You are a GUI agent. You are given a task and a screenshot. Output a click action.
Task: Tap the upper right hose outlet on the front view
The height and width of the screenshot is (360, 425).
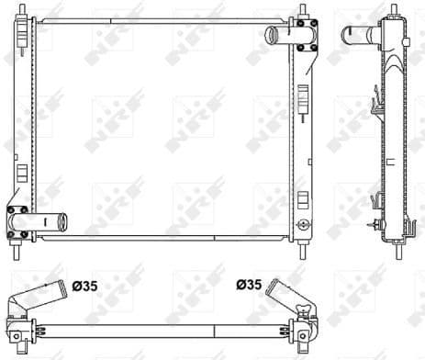pos(275,36)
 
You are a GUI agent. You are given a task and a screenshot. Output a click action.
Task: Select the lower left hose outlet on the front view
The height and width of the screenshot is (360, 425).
pos(51,221)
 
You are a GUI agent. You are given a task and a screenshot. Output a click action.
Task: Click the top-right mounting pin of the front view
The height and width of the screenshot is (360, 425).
pos(304,15)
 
